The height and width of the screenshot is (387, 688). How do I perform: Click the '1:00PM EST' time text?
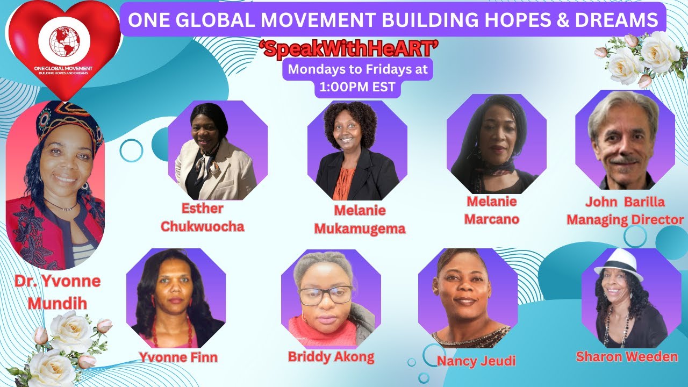(357, 88)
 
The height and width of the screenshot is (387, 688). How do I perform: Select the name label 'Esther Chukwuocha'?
(202, 217)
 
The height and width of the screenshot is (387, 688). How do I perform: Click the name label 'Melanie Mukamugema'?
(360, 219)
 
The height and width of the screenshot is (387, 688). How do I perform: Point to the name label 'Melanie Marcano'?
(491, 210)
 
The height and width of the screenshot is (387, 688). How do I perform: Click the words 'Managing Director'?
(625, 219)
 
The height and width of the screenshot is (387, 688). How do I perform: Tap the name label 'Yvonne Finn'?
(178, 356)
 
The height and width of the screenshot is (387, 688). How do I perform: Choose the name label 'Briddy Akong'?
(331, 356)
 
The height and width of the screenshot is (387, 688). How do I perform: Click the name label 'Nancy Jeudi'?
(476, 360)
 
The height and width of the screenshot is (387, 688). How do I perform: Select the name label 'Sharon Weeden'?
(627, 356)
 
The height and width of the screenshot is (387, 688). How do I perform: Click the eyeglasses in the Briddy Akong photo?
(325, 295)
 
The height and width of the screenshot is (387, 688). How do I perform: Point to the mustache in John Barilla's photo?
(624, 160)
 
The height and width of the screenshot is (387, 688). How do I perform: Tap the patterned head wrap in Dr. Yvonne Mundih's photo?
(67, 121)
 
